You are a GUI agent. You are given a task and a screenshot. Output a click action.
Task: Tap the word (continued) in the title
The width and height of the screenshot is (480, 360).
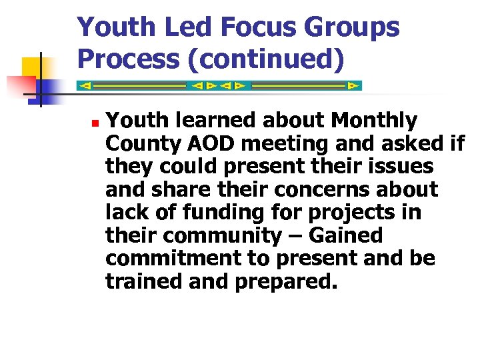(269, 59)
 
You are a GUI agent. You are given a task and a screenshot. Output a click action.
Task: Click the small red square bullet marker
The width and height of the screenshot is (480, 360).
(95, 124)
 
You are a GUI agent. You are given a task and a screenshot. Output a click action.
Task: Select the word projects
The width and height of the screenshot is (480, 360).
(343, 213)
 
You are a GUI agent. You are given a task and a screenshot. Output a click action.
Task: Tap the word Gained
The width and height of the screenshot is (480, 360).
(347, 235)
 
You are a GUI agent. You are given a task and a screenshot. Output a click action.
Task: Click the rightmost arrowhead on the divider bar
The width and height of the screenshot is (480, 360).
(353, 86)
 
